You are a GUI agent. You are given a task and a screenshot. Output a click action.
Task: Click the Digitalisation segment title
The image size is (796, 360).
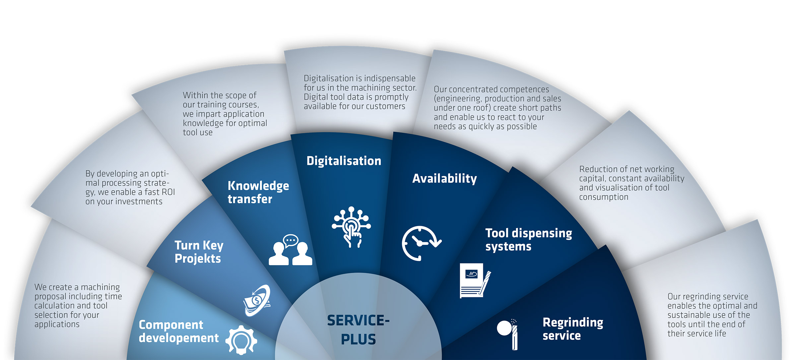coord(344,161)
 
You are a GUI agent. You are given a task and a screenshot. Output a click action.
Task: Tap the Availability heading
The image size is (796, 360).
coord(444,179)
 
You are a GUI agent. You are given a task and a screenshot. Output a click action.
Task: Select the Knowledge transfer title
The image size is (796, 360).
coord(258,192)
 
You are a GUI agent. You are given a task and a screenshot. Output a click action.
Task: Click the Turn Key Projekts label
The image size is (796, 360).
coord(199,252)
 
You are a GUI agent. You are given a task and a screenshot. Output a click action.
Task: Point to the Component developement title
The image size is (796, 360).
coord(178,331)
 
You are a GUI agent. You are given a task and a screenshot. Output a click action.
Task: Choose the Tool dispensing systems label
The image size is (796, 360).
coord(528,240)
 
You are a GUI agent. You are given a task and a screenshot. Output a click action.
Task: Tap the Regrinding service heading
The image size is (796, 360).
coord(573,329)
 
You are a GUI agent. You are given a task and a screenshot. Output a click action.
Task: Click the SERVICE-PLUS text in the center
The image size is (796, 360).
coord(358,330)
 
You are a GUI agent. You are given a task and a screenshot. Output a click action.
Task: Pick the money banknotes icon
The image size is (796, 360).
coord(257,300)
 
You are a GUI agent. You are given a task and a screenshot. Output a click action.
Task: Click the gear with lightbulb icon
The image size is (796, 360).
coord(241,340)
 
